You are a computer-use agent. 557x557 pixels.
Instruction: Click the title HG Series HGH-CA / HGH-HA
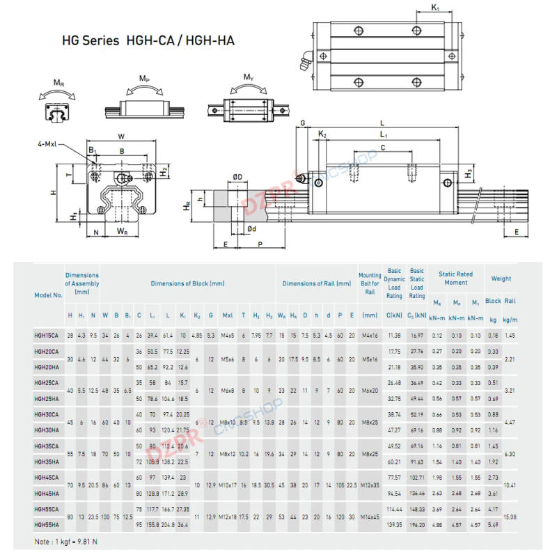pos(148,40)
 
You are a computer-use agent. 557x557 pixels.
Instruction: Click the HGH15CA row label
pos(47,335)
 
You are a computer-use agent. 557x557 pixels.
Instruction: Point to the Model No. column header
pos(48,295)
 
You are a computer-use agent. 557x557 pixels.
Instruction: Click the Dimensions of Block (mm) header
pos(187,283)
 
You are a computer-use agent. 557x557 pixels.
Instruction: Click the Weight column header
pos(501,278)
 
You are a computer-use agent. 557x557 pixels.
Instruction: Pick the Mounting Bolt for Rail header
pos(370,283)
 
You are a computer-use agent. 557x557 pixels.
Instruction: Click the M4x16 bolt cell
pos(370,335)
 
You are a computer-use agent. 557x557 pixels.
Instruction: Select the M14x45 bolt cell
pos(370,517)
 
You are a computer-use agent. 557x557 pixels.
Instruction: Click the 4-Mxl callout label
pos(49,144)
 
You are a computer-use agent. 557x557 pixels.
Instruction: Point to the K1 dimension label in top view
pos(435,8)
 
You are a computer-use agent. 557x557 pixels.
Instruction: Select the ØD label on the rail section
pos(237,177)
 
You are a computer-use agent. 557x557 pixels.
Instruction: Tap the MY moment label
pos(248,77)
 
